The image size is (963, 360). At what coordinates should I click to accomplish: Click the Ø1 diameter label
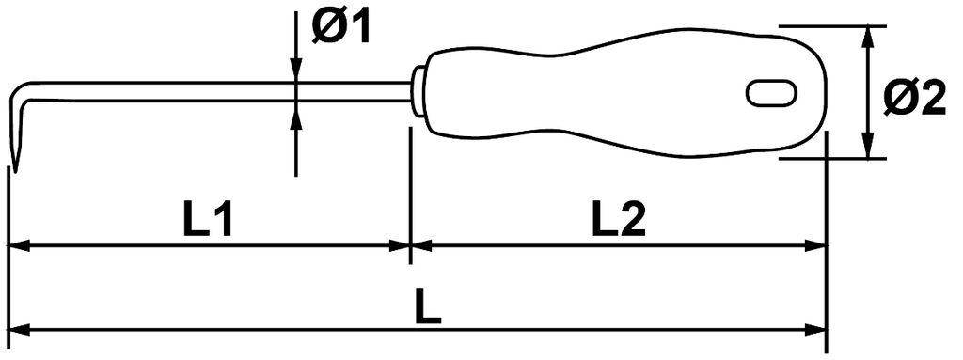point(340,28)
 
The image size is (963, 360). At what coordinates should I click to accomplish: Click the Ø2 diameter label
point(915,99)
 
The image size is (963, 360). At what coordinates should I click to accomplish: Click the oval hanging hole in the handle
point(772,93)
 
